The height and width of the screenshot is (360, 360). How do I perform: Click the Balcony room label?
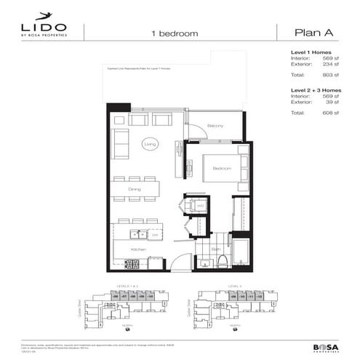[215, 127]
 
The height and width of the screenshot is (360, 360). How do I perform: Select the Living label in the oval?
[151, 144]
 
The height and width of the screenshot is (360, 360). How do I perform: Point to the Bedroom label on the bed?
[222, 168]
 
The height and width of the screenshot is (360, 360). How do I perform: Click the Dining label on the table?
[135, 189]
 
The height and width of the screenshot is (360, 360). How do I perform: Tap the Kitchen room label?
[138, 249]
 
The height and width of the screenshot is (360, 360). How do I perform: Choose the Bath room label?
[215, 249]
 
